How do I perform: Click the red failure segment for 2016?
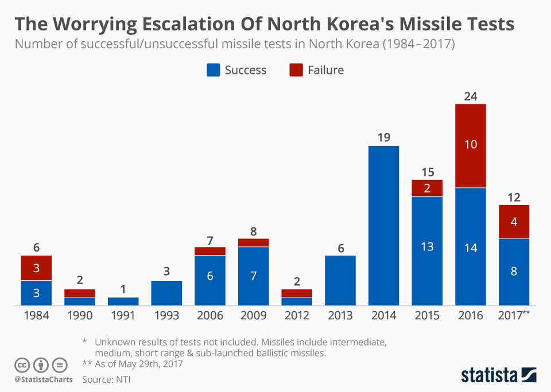pyautogui.click(x=471, y=146)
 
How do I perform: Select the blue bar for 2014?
pyautogui.click(x=383, y=225)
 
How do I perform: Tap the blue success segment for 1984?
pyautogui.click(x=36, y=293)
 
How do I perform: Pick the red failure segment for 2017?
pyautogui.click(x=514, y=221)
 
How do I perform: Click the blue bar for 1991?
pyautogui.click(x=123, y=301)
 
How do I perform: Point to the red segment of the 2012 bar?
pyautogui.click(x=297, y=293)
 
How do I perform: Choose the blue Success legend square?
pyautogui.click(x=213, y=70)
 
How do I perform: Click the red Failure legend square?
pyautogui.click(x=296, y=70)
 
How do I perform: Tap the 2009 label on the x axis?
pyautogui.click(x=253, y=316)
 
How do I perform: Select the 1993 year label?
pyautogui.click(x=166, y=316)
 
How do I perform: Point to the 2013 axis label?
pyautogui.click(x=340, y=316)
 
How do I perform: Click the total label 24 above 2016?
pyautogui.click(x=471, y=96)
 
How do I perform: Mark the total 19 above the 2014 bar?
pyautogui.click(x=383, y=138)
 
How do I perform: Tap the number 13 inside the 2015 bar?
pyautogui.click(x=427, y=247)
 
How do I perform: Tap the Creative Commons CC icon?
pyautogui.click(x=22, y=364)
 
